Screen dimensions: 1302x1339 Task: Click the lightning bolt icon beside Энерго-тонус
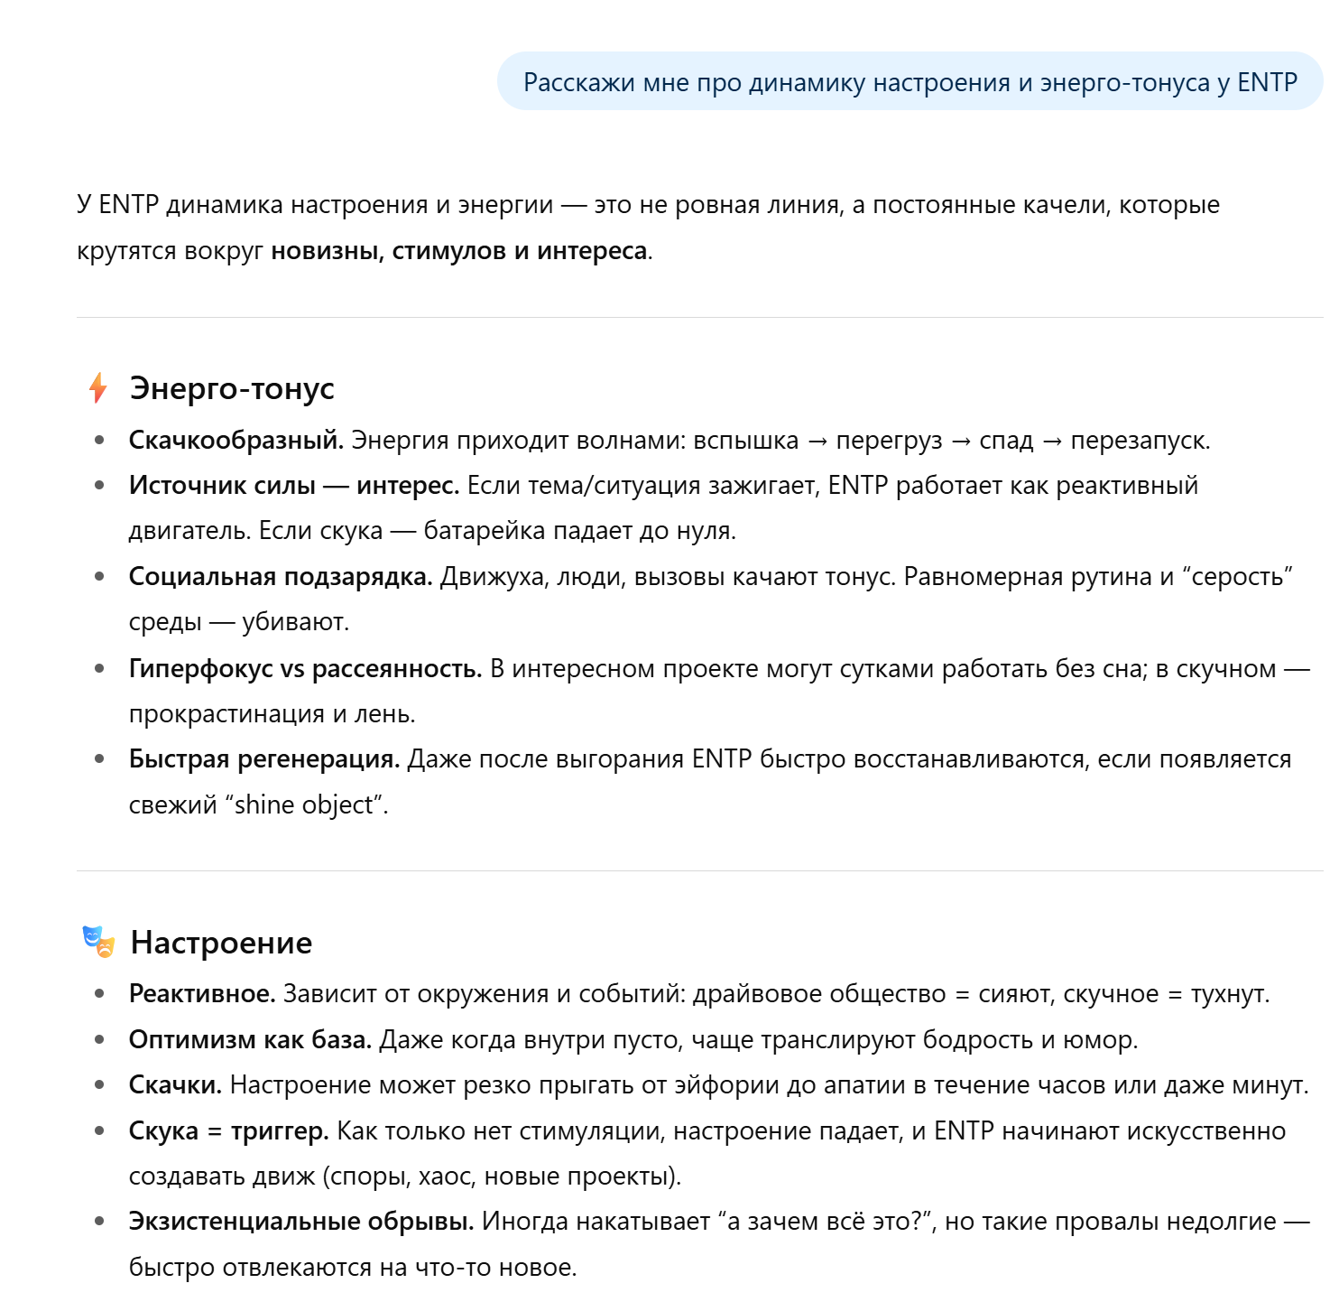tap(98, 388)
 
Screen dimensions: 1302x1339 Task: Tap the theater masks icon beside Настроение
tap(98, 942)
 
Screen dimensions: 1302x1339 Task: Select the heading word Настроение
tap(221, 943)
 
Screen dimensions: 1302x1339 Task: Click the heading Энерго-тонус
tap(232, 388)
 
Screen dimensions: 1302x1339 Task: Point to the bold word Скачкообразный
tap(235, 441)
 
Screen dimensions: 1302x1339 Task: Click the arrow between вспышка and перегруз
tap(817, 442)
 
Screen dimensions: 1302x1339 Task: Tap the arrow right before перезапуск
tap(1052, 442)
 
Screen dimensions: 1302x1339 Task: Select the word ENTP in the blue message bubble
tap(1267, 82)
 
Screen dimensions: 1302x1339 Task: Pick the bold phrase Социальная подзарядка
tap(280, 577)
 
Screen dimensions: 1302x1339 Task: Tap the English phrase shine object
tap(303, 804)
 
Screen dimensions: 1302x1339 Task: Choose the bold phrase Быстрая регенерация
tap(263, 759)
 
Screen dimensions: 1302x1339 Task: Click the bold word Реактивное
tap(202, 994)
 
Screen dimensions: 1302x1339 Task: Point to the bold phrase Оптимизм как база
tap(250, 1040)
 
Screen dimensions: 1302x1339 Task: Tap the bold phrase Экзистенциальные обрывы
tap(301, 1222)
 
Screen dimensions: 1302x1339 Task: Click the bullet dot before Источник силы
tap(99, 486)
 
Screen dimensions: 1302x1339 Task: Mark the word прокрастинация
tap(226, 714)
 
